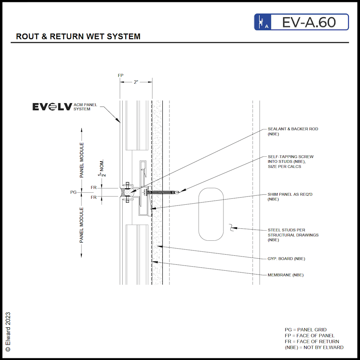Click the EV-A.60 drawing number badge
pos(301,22)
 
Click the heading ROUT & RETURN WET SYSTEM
pos(78,37)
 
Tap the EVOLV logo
pos(52,107)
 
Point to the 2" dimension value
pos(136,82)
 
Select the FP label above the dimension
pos(120,75)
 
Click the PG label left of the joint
pos(73,192)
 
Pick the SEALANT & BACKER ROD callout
pos(292,131)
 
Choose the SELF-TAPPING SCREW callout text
pos(290,161)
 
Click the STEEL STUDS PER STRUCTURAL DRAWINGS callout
pos(293,235)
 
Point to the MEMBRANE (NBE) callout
pos(285,275)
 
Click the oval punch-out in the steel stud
pos(211,214)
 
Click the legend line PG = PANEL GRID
pos(306,330)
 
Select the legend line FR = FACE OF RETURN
pos(312,341)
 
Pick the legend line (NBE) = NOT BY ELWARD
pos(314,347)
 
